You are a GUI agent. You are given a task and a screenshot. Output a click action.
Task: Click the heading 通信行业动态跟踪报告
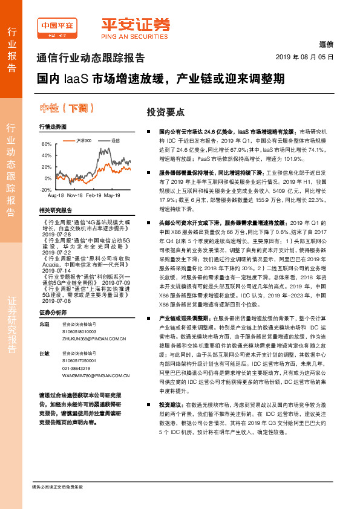91,58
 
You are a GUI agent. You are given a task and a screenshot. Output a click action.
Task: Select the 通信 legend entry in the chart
115,140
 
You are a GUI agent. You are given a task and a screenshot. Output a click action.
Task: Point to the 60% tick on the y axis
47,145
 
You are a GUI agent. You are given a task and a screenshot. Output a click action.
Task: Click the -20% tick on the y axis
45,190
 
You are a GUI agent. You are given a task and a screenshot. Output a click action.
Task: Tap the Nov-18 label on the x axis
75,196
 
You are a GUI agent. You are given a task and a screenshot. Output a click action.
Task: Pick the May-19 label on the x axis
112,196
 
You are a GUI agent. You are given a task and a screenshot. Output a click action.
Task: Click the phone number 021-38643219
75,368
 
